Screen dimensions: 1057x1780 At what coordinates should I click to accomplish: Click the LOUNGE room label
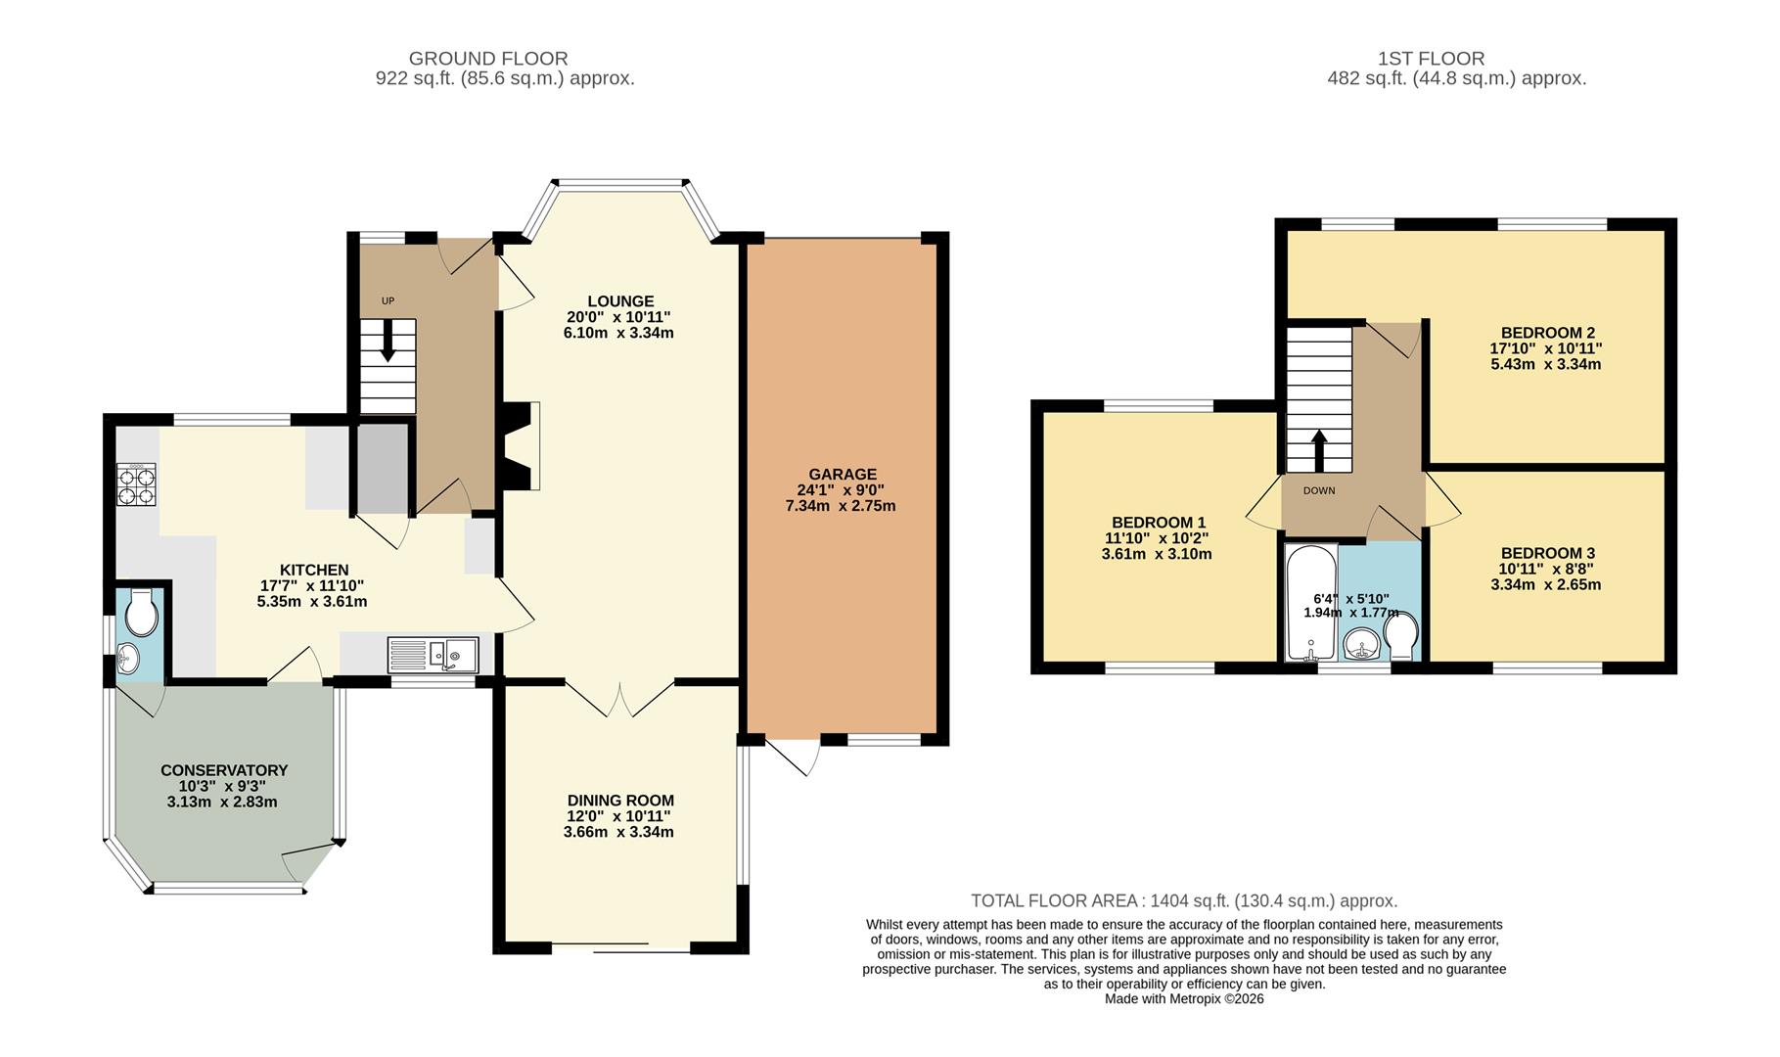pyautogui.click(x=620, y=301)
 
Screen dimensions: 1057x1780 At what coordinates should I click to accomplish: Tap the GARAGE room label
pyautogui.click(x=843, y=475)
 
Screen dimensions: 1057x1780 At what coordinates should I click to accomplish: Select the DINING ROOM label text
pyautogui.click(x=620, y=801)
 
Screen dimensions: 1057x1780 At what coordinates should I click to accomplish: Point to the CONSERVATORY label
pyautogui.click(x=224, y=771)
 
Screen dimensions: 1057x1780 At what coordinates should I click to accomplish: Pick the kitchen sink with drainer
pyautogui.click(x=434, y=655)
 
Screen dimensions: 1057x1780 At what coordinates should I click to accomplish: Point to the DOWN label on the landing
pyautogui.click(x=1318, y=491)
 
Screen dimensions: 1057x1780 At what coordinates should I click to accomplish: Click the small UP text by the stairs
pyautogui.click(x=388, y=301)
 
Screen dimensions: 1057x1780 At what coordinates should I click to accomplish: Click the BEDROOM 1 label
pyautogui.click(x=1158, y=523)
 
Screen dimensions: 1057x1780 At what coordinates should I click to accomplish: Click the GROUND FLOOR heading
pyautogui.click(x=487, y=59)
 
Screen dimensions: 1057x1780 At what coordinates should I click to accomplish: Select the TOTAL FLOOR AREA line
pyautogui.click(x=1184, y=900)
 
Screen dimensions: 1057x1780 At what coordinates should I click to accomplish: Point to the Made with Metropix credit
pyautogui.click(x=1184, y=999)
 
